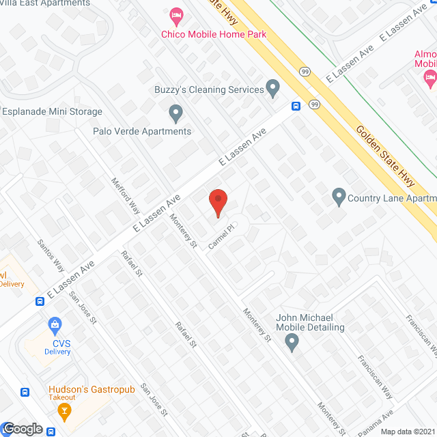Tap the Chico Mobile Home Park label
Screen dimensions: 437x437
click(213, 34)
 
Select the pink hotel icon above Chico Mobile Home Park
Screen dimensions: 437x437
click(176, 14)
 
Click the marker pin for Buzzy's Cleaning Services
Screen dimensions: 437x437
click(272, 89)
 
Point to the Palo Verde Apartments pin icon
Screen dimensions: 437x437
click(176, 112)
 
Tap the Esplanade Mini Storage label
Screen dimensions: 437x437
click(52, 111)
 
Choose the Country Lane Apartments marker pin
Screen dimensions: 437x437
click(338, 198)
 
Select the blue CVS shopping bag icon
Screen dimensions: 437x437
click(54, 324)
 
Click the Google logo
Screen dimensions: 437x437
click(22, 429)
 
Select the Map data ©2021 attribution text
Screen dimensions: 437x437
click(406, 431)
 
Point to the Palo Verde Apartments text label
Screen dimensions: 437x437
click(142, 131)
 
